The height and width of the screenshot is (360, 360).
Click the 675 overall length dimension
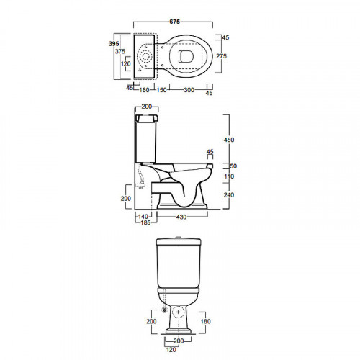174,22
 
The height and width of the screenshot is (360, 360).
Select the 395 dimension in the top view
114,44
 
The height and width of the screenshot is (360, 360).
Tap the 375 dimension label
120,51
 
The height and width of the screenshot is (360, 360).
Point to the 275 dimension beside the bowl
221,56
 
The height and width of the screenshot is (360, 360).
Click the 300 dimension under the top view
189,90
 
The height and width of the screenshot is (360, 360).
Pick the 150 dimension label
161,90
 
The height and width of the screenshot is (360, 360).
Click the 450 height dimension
229,140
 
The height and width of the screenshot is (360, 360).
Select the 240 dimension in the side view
229,195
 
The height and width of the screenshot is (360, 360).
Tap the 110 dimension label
229,176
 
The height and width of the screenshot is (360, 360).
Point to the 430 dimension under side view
181,217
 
